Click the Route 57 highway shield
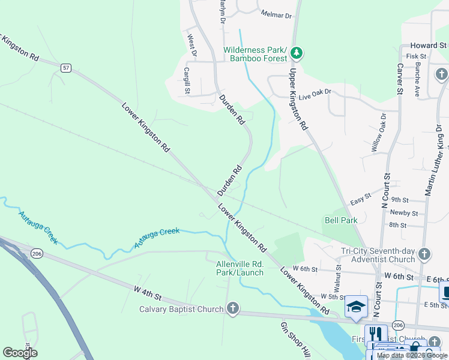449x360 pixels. coord(65,68)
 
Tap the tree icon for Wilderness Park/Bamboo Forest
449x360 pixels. coord(296,53)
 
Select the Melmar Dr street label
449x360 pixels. coord(276,13)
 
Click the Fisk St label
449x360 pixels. coord(415,56)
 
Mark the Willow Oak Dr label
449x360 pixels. coord(378,134)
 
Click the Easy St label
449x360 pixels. coord(361,196)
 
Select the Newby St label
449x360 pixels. coord(403,213)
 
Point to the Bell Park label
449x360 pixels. coord(341,220)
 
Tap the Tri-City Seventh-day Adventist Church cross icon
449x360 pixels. coord(425,254)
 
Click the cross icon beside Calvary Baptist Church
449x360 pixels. coord(233,309)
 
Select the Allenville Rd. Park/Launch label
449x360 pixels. coord(240,268)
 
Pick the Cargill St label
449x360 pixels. coord(187,81)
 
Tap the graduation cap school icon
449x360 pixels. coord(356,306)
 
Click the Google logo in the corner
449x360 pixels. coord(20,353)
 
